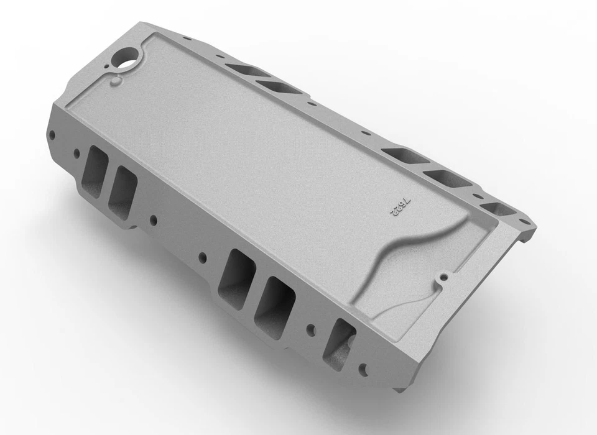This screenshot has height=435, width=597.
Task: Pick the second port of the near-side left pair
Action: coord(122,188)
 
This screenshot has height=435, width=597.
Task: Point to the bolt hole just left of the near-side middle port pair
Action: coord(202,256)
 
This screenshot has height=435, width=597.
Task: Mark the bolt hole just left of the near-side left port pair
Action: coord(76,151)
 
